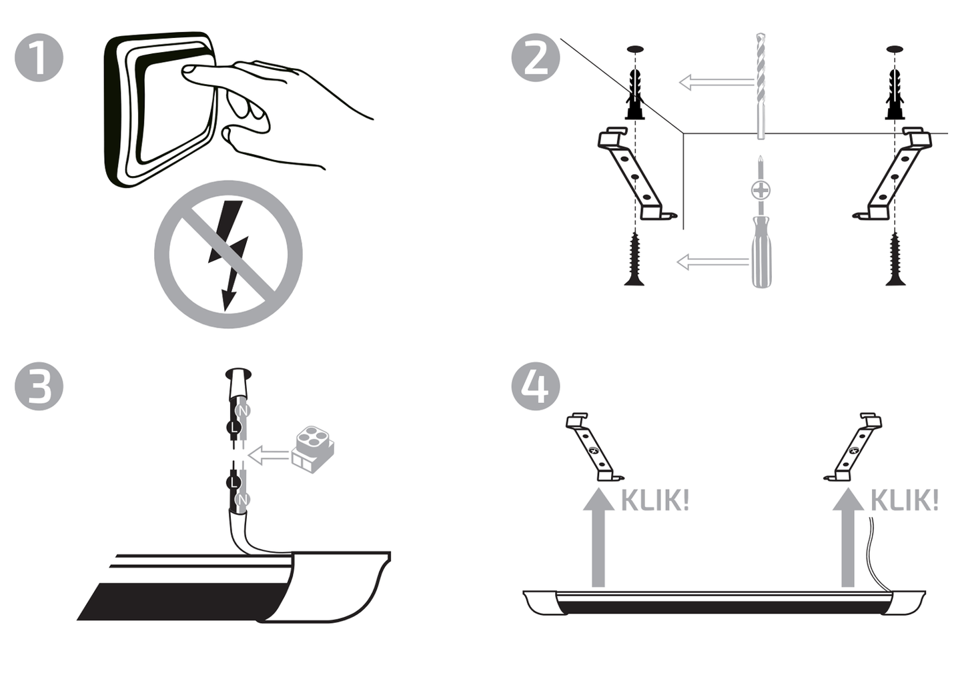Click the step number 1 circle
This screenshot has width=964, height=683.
(x=39, y=57)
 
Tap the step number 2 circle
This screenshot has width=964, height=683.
(x=535, y=57)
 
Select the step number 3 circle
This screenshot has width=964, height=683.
(x=39, y=386)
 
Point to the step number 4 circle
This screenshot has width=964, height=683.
(x=535, y=386)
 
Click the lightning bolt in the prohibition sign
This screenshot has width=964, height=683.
(x=228, y=254)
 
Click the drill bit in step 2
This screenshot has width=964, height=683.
(x=761, y=86)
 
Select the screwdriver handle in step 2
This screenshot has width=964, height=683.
(x=761, y=251)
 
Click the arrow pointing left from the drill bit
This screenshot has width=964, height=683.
(x=716, y=82)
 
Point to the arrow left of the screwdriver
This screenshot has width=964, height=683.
(x=713, y=261)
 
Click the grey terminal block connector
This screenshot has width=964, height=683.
(x=313, y=450)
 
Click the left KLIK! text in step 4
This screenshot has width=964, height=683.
(x=655, y=500)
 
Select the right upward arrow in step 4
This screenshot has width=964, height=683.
(x=848, y=537)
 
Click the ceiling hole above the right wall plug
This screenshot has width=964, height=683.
(x=895, y=49)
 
